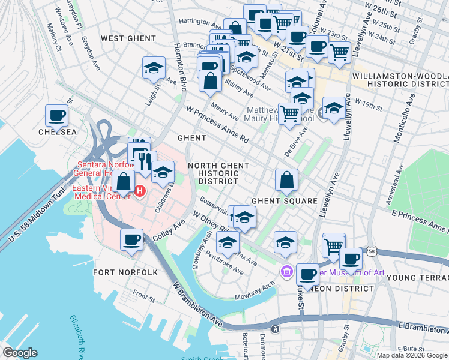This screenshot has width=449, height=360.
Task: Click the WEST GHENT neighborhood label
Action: tap(128, 38)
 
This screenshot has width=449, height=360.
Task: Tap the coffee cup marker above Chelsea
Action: tap(56, 116)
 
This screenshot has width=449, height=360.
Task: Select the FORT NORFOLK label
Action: tap(126, 272)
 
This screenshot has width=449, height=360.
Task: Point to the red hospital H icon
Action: tap(140, 191)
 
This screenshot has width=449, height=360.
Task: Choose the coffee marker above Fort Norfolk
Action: tap(132, 241)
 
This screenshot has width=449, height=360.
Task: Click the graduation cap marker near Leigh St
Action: tap(154, 68)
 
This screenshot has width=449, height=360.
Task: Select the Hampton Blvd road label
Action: tap(179, 66)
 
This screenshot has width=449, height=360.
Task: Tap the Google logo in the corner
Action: tap(20, 353)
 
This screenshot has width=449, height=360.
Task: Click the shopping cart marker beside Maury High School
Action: tap(290, 113)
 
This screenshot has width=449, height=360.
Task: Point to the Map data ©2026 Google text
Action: tap(411, 355)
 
